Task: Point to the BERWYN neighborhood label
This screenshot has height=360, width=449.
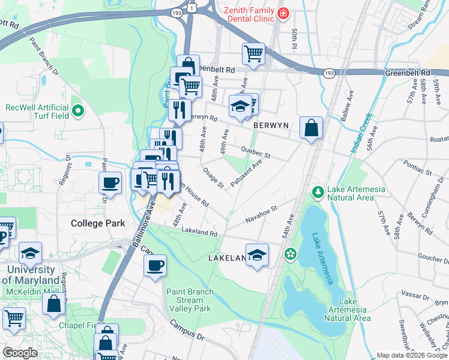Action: click(271, 125)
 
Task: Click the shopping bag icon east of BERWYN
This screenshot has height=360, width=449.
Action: click(311, 128)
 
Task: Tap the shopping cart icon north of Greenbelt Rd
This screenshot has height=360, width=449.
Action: click(253, 53)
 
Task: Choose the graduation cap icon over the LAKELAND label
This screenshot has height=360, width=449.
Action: click(257, 255)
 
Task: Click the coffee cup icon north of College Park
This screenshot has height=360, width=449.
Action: click(110, 182)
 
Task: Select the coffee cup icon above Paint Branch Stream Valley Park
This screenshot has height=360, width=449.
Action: click(155, 265)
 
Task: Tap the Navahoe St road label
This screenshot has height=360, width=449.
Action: click(262, 215)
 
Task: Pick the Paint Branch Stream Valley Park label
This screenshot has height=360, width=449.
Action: click(188, 300)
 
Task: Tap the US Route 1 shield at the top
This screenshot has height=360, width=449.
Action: click(191, 7)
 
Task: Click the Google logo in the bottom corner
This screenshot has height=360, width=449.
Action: click(20, 353)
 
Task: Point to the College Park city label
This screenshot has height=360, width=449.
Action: click(98, 223)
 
